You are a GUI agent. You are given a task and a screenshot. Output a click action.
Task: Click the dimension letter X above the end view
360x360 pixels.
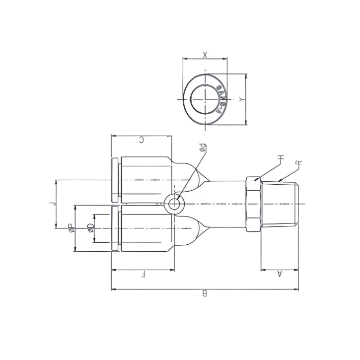(205, 53)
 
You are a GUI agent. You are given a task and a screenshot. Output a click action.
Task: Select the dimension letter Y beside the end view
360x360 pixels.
(241, 99)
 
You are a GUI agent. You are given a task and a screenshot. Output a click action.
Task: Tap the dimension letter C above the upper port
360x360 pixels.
(141, 141)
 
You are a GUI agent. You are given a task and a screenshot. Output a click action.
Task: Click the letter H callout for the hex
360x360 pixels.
(281, 158)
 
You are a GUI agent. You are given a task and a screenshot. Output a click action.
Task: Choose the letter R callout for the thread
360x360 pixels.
(299, 163)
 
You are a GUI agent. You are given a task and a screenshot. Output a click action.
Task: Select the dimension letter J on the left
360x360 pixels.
(52, 203)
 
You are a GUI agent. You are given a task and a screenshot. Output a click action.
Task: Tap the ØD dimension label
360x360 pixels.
(90, 227)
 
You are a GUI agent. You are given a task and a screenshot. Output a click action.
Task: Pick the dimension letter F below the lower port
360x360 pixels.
(143, 275)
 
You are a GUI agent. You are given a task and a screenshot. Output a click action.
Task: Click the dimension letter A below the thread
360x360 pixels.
(279, 274)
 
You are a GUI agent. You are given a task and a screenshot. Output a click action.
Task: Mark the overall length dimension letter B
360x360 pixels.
(204, 293)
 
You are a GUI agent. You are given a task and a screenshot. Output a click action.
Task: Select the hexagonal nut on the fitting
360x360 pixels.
(253, 204)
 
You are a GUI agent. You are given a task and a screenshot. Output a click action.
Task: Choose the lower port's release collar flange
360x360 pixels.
(115, 228)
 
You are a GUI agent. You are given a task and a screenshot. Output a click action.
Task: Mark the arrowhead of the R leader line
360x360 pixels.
(280, 181)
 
